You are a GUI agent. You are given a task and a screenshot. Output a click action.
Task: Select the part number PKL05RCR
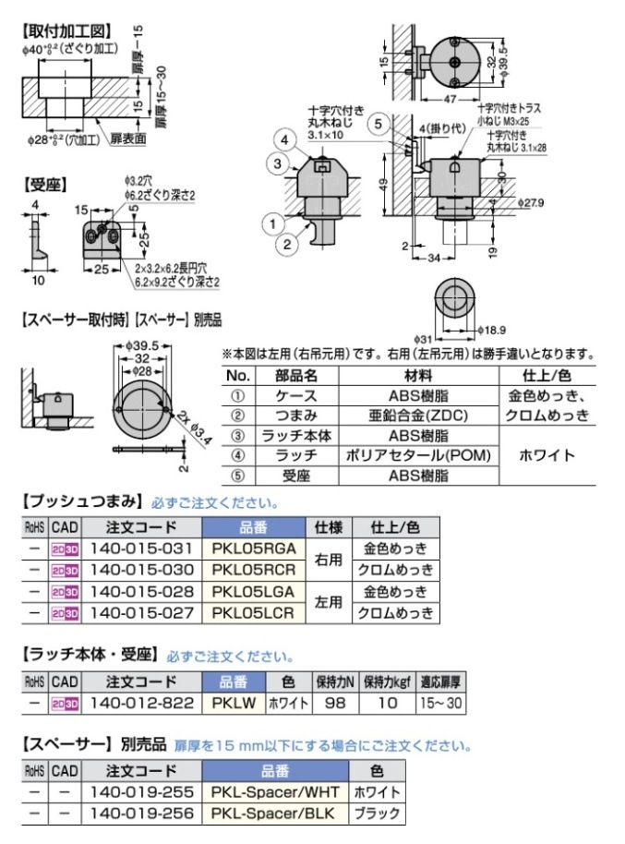(252, 570)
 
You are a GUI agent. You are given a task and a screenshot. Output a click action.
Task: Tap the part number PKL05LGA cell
(252, 591)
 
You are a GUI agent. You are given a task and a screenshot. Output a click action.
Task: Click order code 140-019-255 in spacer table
(138, 791)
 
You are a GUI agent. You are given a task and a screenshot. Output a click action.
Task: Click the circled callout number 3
(276, 163)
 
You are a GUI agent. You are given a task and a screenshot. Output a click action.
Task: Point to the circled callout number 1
(273, 223)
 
